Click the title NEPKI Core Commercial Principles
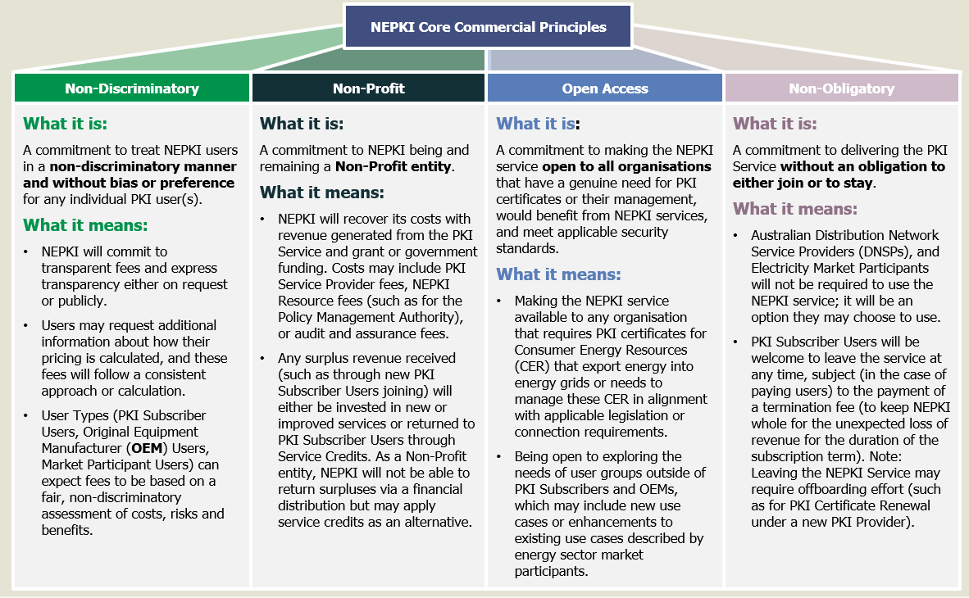coord(488,27)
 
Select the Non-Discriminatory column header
coord(132,88)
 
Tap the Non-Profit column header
coord(368,88)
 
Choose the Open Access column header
coord(605,88)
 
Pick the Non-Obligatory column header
coord(841,88)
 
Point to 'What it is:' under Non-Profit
coord(302,124)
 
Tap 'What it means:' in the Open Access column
coord(558,274)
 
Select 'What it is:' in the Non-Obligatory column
coord(775,124)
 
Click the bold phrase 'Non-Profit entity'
coord(393,167)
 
